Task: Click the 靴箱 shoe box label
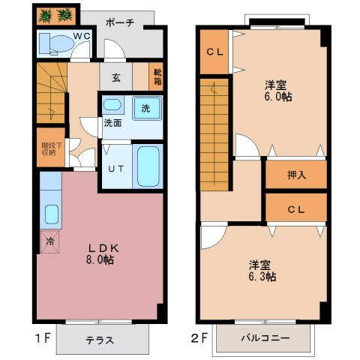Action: click(158, 76)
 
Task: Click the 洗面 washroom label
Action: click(112, 123)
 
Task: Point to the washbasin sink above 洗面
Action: click(112, 105)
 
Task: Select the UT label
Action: click(115, 169)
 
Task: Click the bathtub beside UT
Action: click(148, 167)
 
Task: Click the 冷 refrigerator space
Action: click(47, 243)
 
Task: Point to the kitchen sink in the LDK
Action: click(51, 214)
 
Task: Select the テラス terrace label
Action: click(99, 340)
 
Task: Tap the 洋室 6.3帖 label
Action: click(262, 271)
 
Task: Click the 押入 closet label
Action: click(295, 175)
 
